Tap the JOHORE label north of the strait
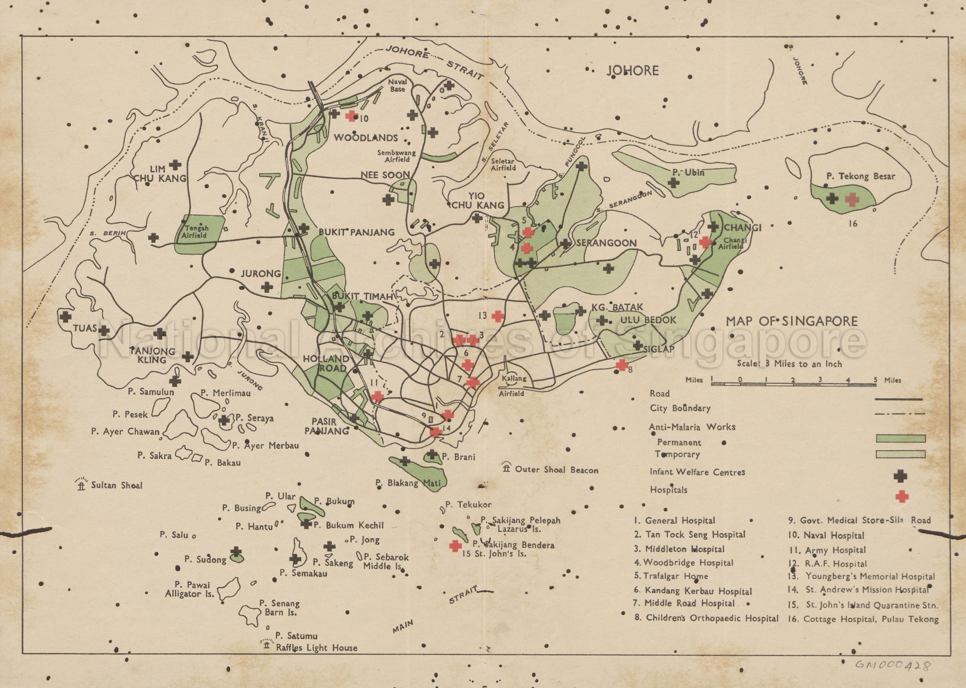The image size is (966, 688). pos(632,70)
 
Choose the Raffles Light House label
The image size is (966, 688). pos(316,648)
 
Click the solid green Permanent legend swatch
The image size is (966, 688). pos(900,438)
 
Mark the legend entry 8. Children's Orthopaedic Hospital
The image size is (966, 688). pos(706,618)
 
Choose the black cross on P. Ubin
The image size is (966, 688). pos(673,183)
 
